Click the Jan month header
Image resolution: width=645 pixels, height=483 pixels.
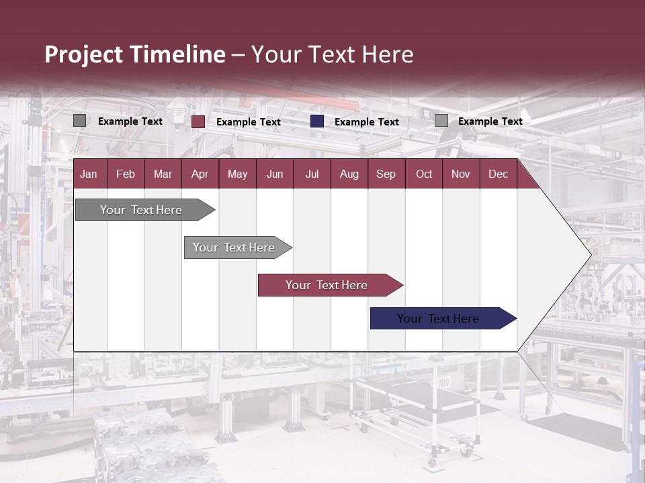[x=89, y=174]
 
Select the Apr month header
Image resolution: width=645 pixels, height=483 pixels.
[x=200, y=174]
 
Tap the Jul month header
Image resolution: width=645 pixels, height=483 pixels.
[x=312, y=174]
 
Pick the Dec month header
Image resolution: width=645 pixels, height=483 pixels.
[x=498, y=174]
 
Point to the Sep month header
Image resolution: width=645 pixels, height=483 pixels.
[x=386, y=174]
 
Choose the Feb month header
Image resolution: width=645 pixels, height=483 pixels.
[x=126, y=174]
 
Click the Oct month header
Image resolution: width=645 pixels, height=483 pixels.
[x=424, y=174]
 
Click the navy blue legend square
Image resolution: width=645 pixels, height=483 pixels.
[x=317, y=121]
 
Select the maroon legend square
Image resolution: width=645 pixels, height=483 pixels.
[x=198, y=121]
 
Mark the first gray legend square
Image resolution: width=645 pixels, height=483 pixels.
[x=79, y=121]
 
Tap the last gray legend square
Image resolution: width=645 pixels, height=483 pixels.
[x=441, y=121]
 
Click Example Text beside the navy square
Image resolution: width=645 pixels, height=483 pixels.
[x=367, y=122]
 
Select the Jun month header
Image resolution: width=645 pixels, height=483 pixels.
[x=275, y=174]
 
